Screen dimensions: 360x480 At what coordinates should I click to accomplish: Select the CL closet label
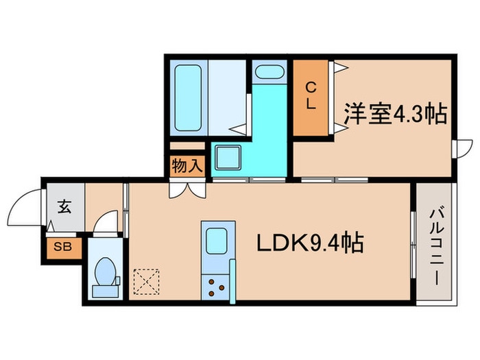tap(311, 96)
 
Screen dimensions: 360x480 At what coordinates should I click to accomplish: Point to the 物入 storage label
tap(187, 165)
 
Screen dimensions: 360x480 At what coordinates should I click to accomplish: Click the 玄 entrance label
tap(64, 205)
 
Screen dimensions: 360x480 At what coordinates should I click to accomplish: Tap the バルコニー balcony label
tap(435, 243)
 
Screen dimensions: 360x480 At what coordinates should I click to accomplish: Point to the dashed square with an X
tap(146, 281)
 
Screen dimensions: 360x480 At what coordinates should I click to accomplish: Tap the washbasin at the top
tap(268, 71)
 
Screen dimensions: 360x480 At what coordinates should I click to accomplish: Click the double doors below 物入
tap(187, 189)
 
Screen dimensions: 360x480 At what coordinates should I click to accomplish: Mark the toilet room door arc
tap(106, 223)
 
